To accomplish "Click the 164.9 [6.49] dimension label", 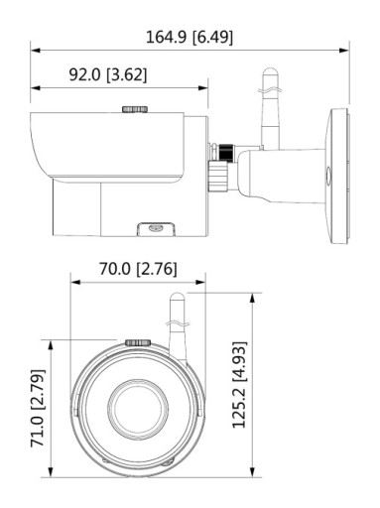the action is [x=190, y=37].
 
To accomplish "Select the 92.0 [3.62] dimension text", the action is [x=108, y=74].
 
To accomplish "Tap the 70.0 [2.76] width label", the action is [x=138, y=269].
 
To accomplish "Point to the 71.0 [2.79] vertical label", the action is [x=37, y=408].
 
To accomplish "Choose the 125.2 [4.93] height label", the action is [x=239, y=385].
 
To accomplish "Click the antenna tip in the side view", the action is [x=270, y=69].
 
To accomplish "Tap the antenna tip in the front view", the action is [x=177, y=295].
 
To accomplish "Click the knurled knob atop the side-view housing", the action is [x=135, y=109].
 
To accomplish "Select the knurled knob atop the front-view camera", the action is [x=138, y=342].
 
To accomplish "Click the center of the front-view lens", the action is [x=139, y=409].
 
